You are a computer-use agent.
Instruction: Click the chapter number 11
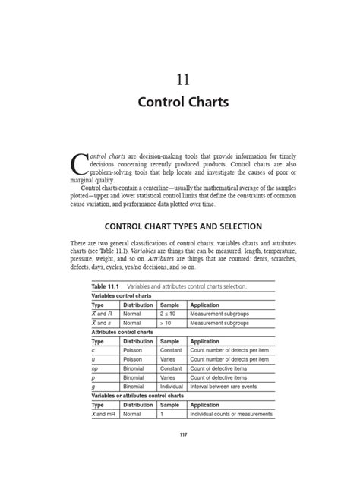point(180,78)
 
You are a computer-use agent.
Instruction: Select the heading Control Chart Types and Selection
point(180,226)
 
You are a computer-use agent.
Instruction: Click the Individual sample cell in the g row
point(172,386)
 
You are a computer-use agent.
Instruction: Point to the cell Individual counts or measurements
point(232,414)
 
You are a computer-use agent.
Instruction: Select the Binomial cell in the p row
point(137,376)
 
